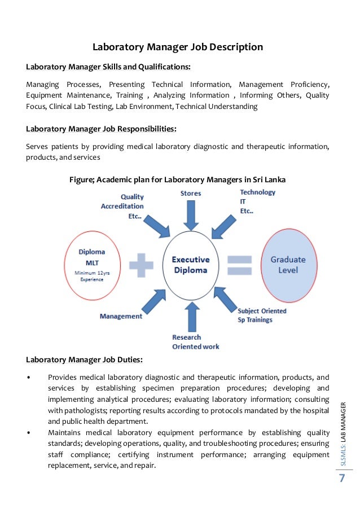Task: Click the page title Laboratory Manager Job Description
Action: [x=178, y=47]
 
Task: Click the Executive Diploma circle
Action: [x=190, y=265]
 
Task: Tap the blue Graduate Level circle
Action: [x=288, y=264]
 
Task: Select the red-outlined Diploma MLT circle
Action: [x=92, y=264]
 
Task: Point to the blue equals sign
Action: [x=240, y=265]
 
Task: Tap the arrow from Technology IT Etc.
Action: [x=225, y=225]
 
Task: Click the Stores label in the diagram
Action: [x=191, y=194]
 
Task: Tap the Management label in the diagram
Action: [x=121, y=317]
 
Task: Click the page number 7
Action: [x=341, y=479]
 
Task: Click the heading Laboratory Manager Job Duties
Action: [x=84, y=359]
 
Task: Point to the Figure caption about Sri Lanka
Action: [x=177, y=180]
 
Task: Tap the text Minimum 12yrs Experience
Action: [x=92, y=277]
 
